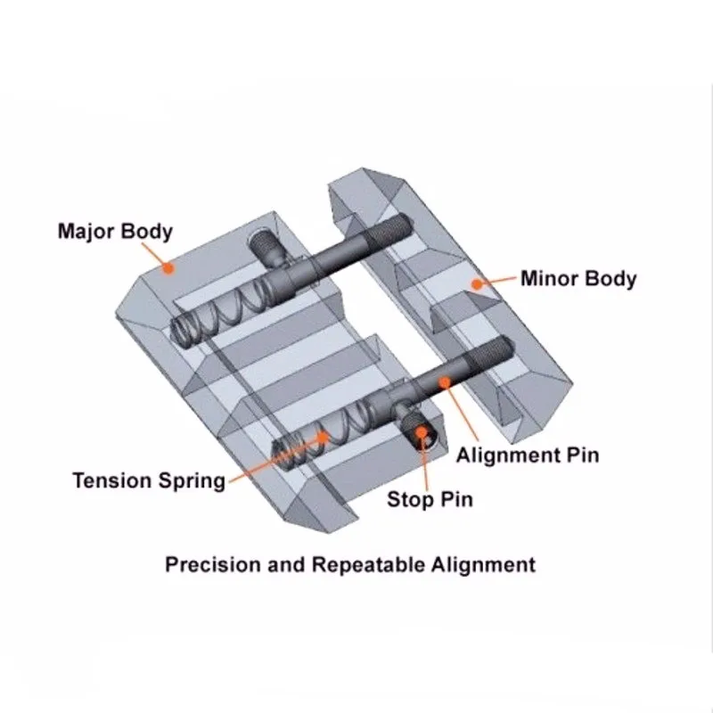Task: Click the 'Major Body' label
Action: pyautogui.click(x=115, y=232)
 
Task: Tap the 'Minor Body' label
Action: pyautogui.click(x=578, y=278)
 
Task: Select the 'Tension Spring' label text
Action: pyautogui.click(x=149, y=481)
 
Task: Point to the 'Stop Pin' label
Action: pyautogui.click(x=430, y=498)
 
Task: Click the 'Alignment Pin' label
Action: pyautogui.click(x=528, y=455)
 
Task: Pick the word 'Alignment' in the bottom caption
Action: pyautogui.click(x=487, y=564)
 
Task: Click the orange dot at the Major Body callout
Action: pyautogui.click(x=167, y=266)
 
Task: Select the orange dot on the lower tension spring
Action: pyautogui.click(x=323, y=437)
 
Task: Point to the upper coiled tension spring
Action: pyautogui.click(x=223, y=307)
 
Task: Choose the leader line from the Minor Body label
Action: pyautogui.click(x=500, y=282)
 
